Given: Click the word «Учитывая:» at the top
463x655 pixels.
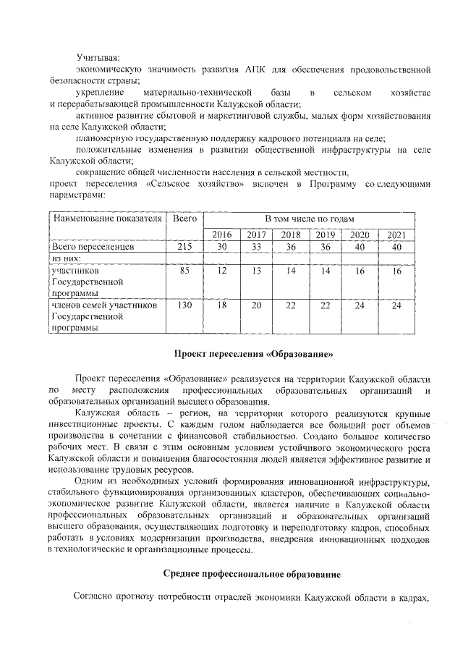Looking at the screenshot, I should [98, 56].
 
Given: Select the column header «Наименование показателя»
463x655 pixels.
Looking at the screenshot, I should [105, 218].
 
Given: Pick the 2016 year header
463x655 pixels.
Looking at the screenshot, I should [221, 234].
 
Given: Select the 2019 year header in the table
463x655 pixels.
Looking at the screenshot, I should [326, 234].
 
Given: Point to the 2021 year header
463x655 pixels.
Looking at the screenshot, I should [396, 234].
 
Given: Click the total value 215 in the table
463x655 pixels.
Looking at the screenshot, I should [184, 247].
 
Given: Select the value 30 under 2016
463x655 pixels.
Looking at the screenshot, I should [221, 247].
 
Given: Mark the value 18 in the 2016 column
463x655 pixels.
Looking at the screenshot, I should [221, 305].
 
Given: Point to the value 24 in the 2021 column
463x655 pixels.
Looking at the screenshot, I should [396, 305].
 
